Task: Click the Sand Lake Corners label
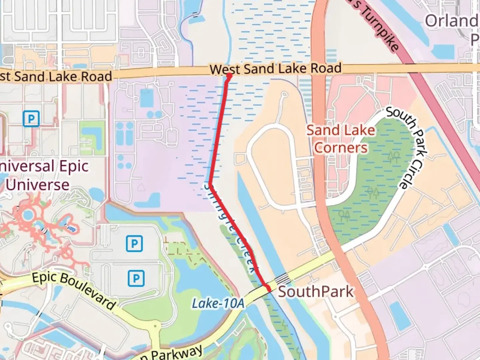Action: click(341, 139)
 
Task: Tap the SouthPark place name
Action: click(315, 292)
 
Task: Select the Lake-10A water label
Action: click(218, 303)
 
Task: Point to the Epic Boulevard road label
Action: click(74, 290)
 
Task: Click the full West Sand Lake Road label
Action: click(276, 69)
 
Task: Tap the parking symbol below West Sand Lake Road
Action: click(31, 119)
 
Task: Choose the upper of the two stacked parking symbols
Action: click(134, 244)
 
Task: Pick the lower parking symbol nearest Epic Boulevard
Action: click(136, 278)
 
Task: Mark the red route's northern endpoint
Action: click(229, 76)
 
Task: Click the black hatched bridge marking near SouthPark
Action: click(282, 278)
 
